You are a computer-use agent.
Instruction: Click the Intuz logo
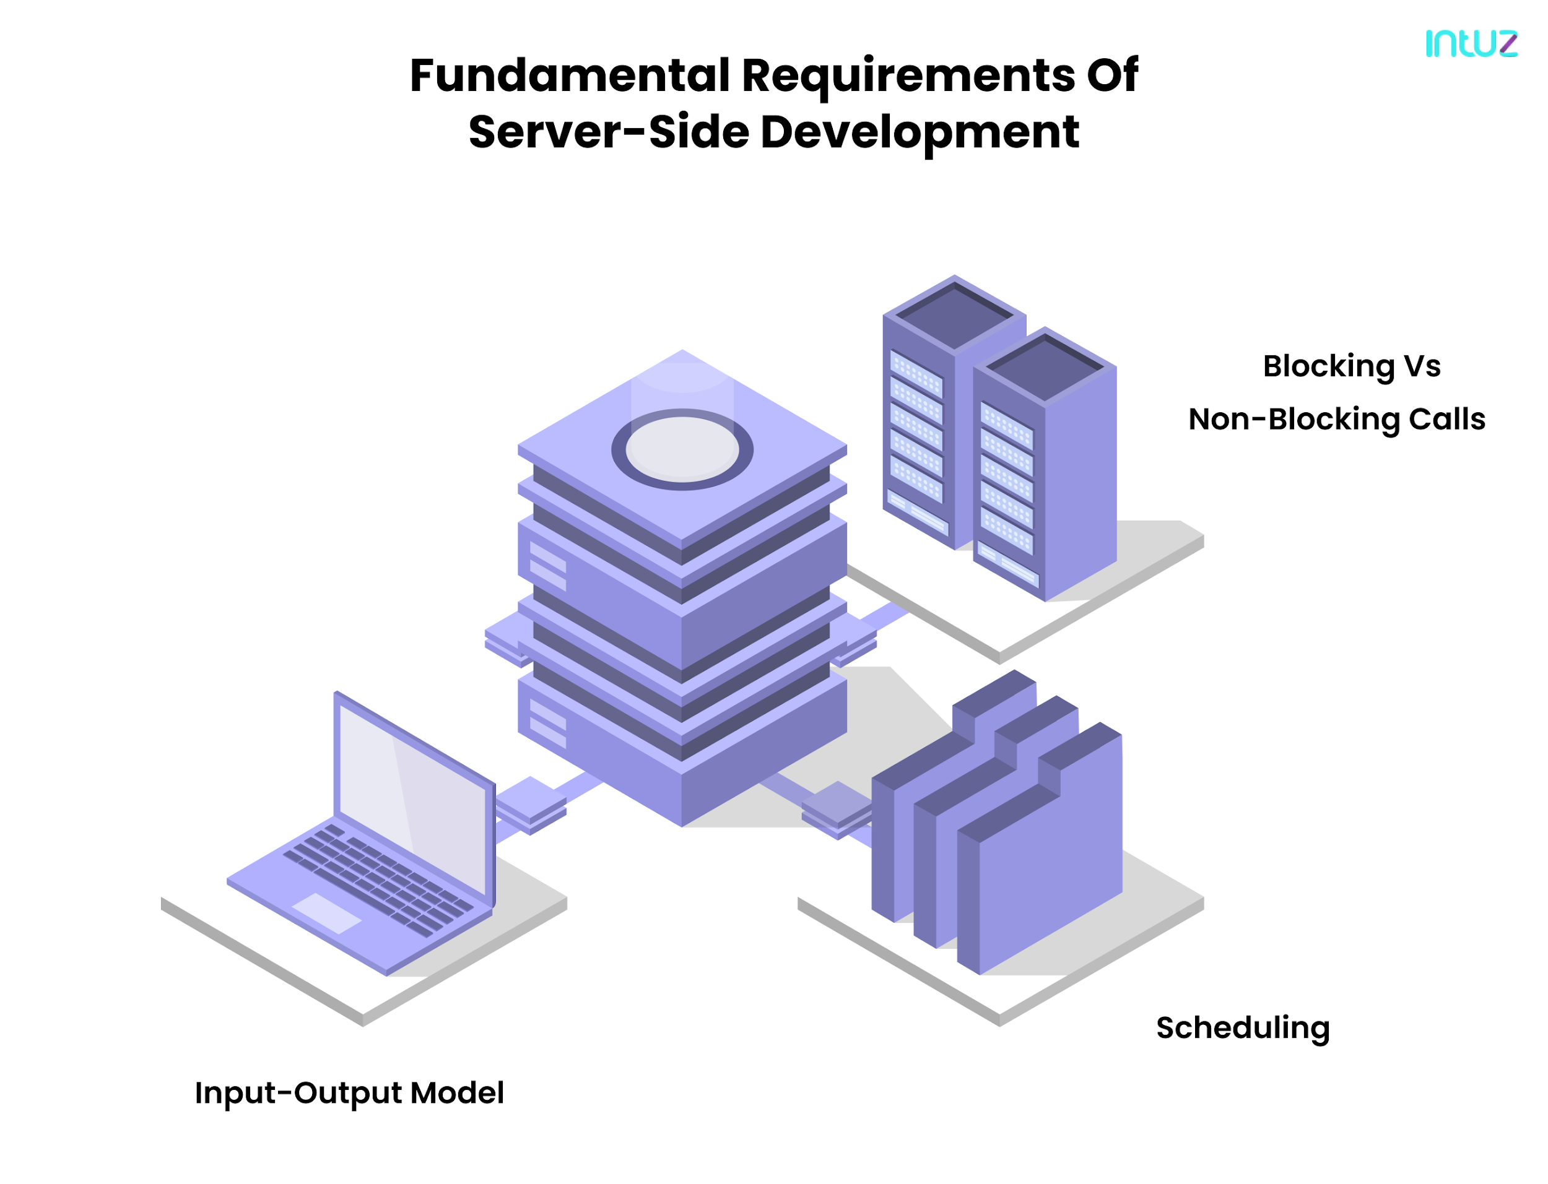click(x=1471, y=44)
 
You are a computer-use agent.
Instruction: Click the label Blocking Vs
click(x=1350, y=366)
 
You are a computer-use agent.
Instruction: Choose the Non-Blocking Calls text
click(x=1336, y=420)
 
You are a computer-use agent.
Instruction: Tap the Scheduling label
click(x=1242, y=1028)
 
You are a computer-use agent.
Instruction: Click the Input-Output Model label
click(x=349, y=1093)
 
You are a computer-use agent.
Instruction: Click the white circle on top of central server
click(x=682, y=448)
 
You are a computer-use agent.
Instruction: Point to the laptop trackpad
click(x=326, y=914)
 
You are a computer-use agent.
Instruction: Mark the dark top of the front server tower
click(x=1045, y=366)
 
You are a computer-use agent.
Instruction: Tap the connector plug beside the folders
click(x=837, y=806)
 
